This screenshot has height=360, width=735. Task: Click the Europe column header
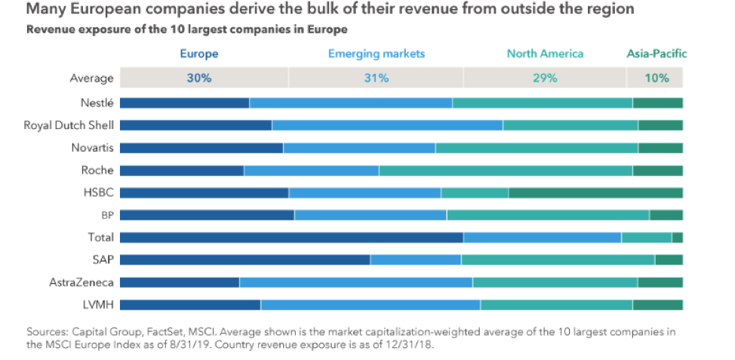point(199,54)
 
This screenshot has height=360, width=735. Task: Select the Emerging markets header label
point(377,54)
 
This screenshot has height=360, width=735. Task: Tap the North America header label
point(545,54)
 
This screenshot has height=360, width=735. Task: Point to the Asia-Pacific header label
point(657,54)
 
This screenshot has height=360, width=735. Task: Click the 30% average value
point(199,78)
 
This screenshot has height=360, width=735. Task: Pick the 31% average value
point(377,78)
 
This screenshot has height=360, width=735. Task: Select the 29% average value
point(545,78)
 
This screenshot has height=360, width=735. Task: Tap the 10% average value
point(657,78)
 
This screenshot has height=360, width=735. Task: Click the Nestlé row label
point(97,103)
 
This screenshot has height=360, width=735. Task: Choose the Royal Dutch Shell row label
point(69,125)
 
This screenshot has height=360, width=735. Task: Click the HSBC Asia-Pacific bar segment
point(595,193)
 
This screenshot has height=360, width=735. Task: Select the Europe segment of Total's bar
point(291,238)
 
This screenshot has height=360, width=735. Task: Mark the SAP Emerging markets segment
point(415,260)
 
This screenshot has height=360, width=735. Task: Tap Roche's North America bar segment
point(506,171)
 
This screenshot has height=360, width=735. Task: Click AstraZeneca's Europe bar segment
point(180,282)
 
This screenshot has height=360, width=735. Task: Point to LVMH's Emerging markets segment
point(370,305)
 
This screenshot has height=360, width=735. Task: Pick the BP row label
point(106,215)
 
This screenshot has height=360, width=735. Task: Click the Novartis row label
point(92,148)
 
